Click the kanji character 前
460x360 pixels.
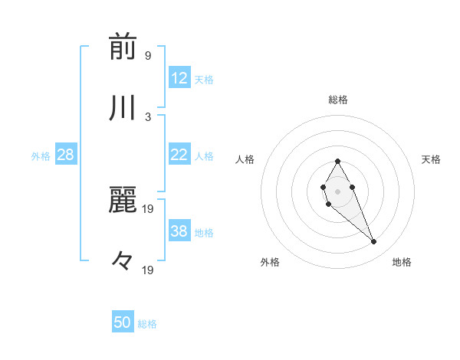[123, 47]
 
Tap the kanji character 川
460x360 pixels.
[123, 109]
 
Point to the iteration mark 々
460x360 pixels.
[123, 260]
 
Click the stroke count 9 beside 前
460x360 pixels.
[147, 56]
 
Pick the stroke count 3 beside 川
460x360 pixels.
[147, 117]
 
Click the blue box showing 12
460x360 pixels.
[179, 78]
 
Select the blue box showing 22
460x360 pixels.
[179, 155]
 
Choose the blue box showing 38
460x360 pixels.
[179, 231]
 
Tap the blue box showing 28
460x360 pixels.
[66, 155]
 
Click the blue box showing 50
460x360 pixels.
[123, 322]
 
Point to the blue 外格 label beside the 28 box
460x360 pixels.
[41, 156]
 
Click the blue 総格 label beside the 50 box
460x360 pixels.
[147, 324]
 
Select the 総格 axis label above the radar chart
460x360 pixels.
[338, 100]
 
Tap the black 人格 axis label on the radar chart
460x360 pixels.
[245, 159]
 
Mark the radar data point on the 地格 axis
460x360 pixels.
[374, 242]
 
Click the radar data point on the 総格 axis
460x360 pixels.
[338, 161]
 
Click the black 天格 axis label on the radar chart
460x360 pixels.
[431, 159]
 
